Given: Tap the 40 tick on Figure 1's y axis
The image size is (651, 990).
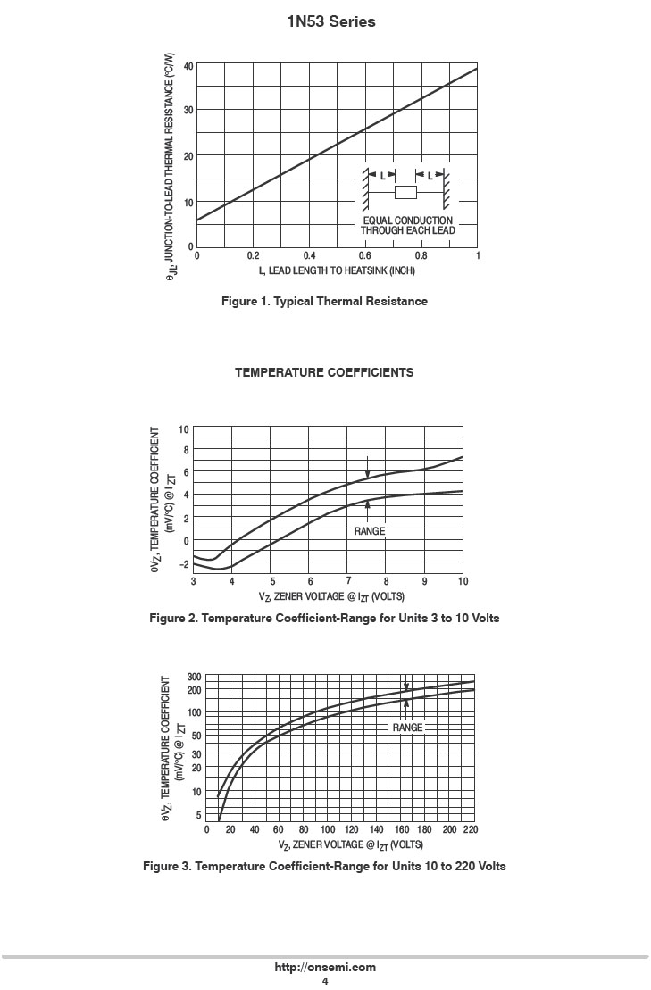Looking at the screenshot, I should pos(188,66).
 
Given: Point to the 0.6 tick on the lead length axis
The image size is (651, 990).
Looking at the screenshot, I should pos(365,255).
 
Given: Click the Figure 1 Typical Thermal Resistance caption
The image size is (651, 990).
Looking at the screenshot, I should pos(324,302).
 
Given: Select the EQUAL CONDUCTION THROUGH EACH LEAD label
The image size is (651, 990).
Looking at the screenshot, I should pos(408,225).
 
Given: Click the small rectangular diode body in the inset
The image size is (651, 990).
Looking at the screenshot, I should pos(406,192).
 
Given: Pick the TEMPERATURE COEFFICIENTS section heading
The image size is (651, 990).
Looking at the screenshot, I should pos(324,372).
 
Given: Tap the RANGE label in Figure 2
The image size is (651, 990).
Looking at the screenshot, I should pos(369,531).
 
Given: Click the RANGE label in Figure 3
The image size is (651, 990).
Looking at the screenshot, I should pos(407,728).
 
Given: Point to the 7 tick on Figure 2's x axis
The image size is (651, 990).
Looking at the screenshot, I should pos(348,581).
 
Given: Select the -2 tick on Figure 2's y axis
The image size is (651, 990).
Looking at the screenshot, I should pos(184,564).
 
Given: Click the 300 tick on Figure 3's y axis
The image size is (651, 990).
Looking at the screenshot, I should pos(194,678).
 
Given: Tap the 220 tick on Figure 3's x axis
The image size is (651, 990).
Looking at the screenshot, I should pos(471,829).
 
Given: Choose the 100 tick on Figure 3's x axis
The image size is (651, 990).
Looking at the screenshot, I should pos(328,829).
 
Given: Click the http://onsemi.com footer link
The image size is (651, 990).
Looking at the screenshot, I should pos(325,967).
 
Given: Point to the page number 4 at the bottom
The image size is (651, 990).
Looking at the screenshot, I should pos(325,981).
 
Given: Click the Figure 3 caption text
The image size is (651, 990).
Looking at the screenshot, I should pos(324,867).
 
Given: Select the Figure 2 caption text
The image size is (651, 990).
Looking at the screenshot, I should pos(324,618).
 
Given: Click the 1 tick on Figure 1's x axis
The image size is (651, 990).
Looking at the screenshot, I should pos(478,255).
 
